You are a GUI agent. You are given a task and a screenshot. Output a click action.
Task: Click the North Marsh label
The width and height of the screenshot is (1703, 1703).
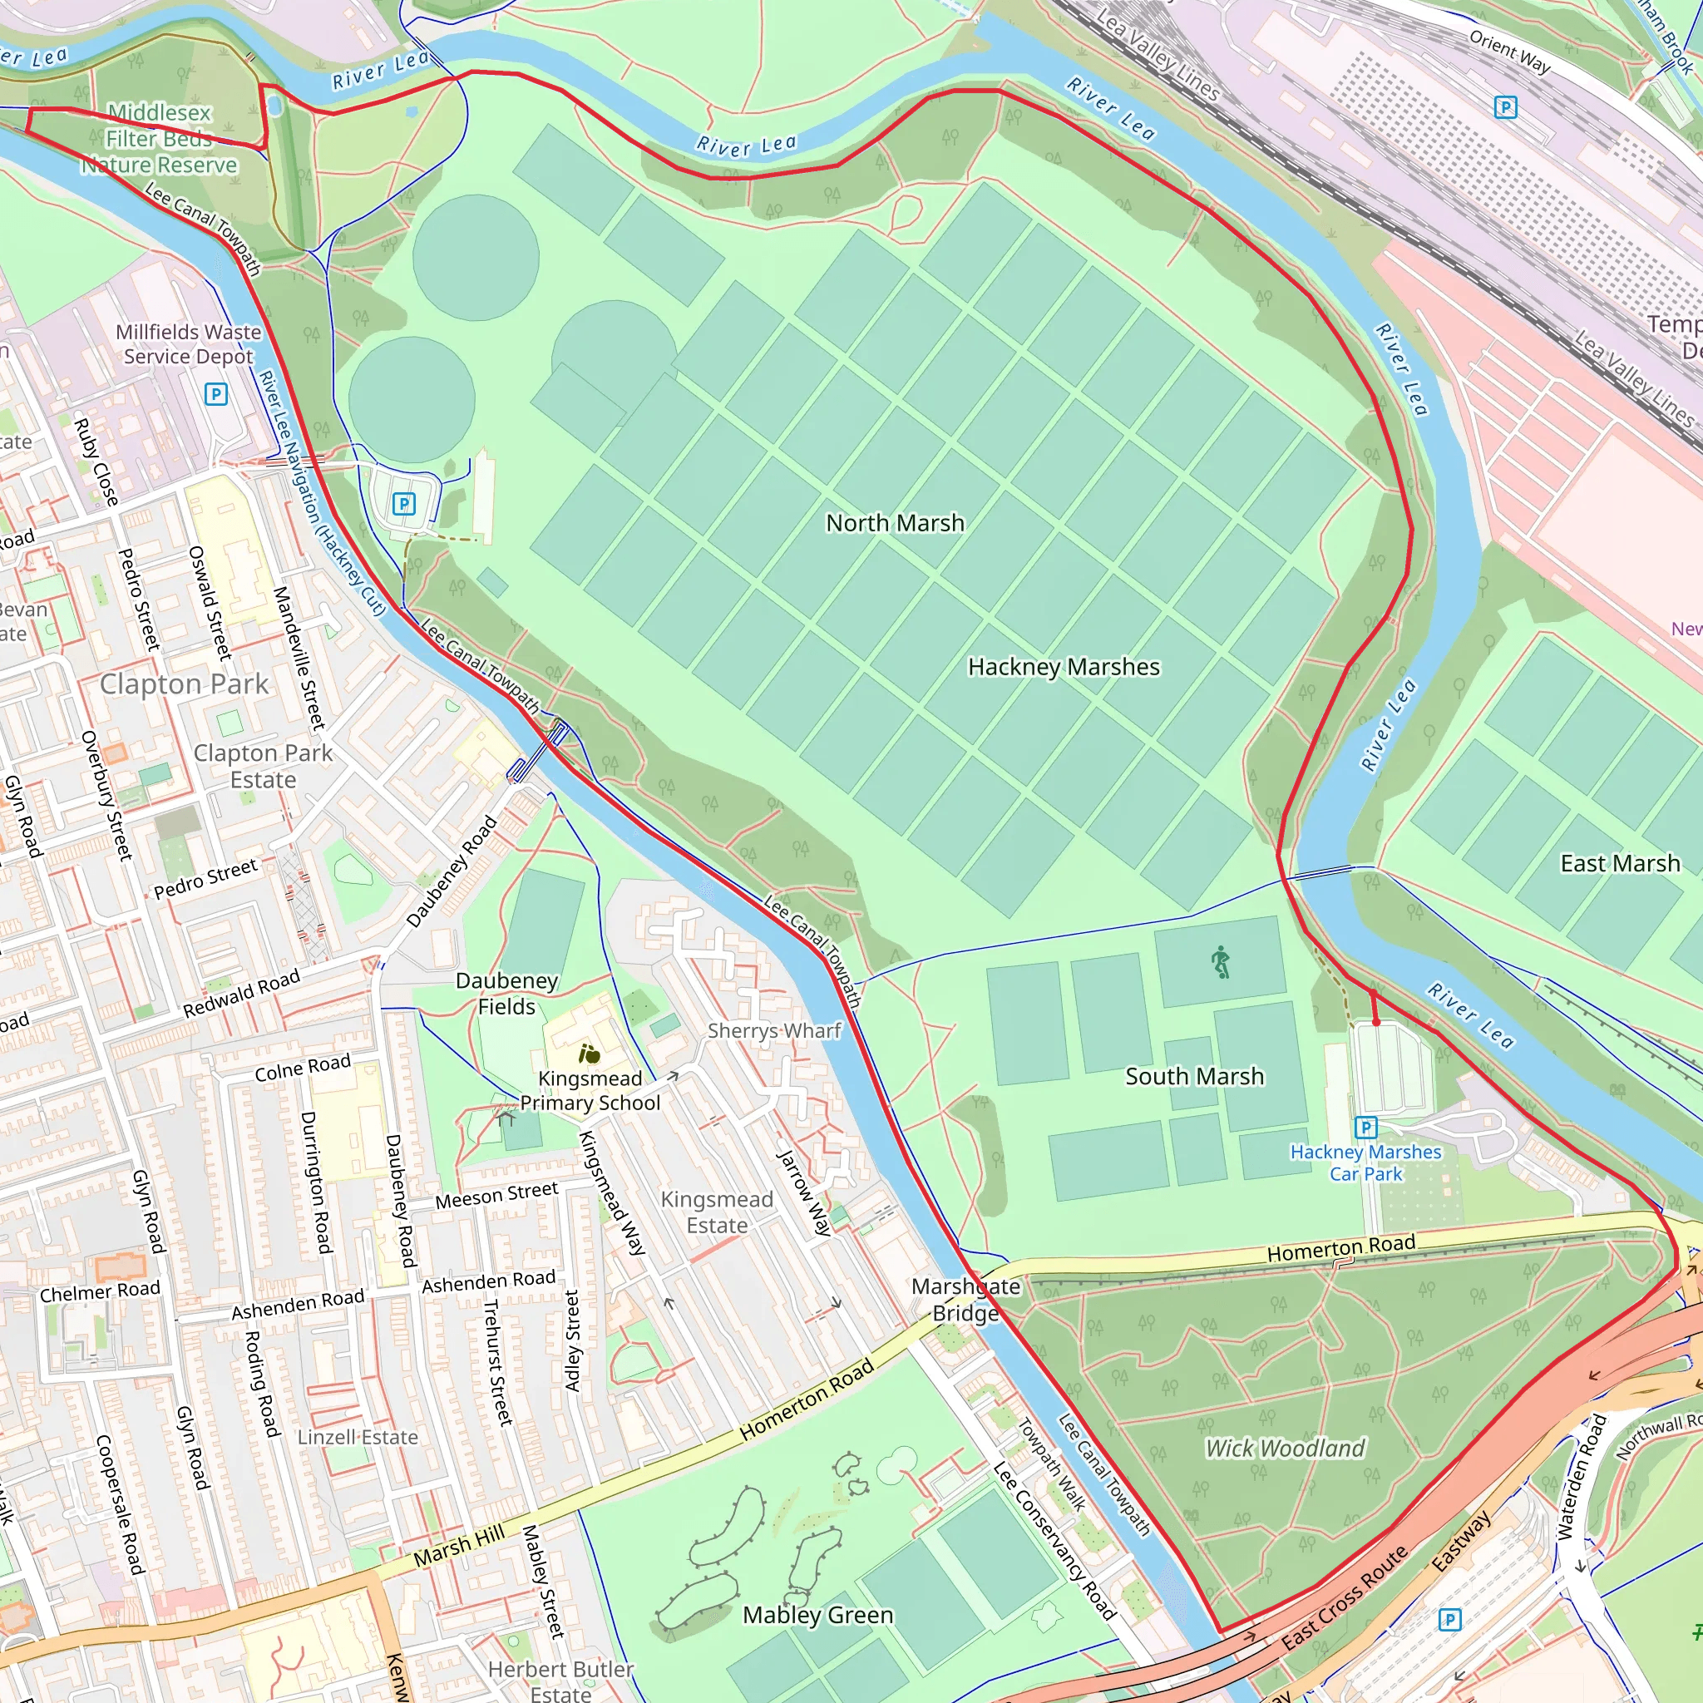(x=895, y=523)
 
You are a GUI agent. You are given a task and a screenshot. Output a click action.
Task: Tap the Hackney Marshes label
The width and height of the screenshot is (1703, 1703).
(x=1063, y=666)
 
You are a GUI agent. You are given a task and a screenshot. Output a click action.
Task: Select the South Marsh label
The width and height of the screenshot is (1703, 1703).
(x=1193, y=1076)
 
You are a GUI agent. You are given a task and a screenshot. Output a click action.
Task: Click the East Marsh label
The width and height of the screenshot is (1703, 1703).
(x=1619, y=863)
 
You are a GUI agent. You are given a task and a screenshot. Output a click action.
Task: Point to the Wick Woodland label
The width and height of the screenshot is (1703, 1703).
(x=1284, y=1448)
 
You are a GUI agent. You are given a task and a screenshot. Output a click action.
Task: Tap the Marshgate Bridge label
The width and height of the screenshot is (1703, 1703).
(x=965, y=1300)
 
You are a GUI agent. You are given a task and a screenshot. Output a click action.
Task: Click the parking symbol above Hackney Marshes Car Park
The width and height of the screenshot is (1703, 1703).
(x=1365, y=1127)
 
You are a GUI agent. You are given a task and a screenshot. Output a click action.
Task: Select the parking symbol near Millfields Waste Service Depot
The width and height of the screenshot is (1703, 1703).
(x=216, y=393)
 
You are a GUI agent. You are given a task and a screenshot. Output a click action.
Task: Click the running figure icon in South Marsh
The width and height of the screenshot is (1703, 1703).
(x=1220, y=962)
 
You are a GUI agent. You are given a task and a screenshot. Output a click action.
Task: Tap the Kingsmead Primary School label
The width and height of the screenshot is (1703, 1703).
(x=590, y=1090)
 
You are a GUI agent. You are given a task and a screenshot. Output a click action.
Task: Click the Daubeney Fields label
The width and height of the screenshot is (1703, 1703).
(x=507, y=994)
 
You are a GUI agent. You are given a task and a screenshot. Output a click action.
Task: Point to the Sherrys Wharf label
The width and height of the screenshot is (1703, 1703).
(x=774, y=1030)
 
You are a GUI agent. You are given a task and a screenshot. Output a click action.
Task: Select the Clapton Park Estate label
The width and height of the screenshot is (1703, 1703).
(x=263, y=766)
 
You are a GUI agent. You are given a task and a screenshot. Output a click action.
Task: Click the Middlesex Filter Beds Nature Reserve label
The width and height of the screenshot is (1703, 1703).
(x=160, y=138)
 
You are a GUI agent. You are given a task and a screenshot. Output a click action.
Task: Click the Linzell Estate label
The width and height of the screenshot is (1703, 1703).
(x=357, y=1437)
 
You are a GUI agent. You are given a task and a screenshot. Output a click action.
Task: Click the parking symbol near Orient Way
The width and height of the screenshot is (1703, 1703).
(x=1506, y=107)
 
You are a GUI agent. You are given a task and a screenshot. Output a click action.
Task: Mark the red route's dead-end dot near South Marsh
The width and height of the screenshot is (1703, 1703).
(x=1377, y=1023)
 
